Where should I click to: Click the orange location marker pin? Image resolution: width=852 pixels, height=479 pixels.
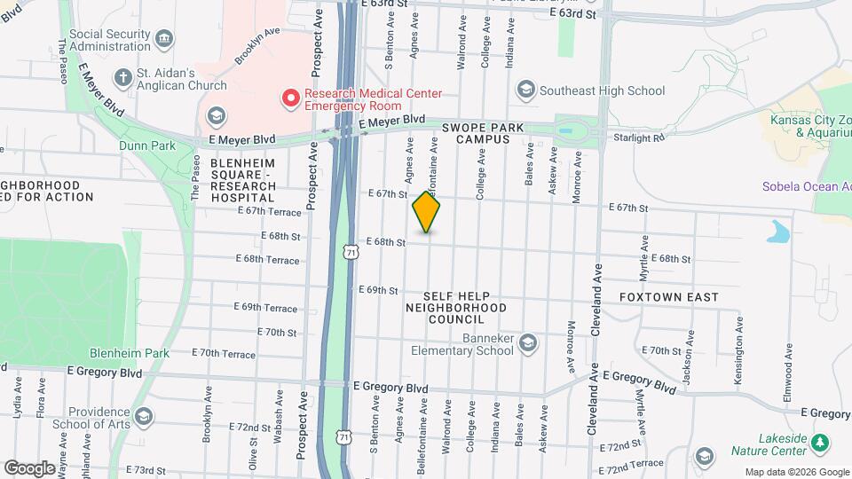427,212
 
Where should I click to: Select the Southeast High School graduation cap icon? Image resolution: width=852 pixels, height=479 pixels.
525,90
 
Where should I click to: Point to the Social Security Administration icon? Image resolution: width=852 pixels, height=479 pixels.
162,38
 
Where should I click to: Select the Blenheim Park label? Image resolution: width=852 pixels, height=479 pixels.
135,352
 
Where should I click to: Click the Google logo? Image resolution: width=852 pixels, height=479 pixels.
29,467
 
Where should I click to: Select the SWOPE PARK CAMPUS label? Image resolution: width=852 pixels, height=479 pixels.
483,133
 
